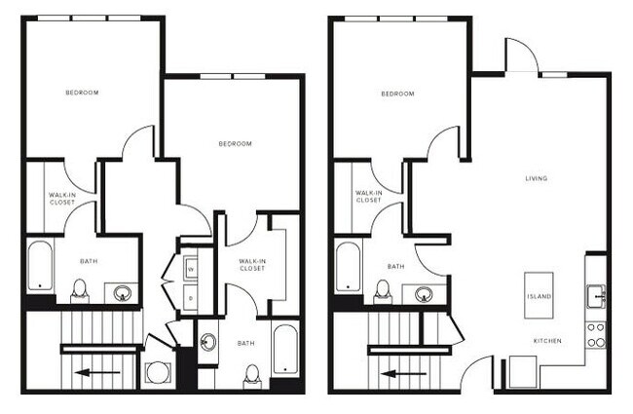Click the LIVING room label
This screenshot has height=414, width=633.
point(536,178)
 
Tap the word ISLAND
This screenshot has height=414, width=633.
point(540,296)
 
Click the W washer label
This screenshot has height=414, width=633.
point(191,268)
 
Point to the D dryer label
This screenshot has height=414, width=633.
point(191,298)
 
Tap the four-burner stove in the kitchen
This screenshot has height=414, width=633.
point(596,334)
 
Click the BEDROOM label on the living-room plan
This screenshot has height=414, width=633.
point(397,94)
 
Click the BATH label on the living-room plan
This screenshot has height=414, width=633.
point(395,266)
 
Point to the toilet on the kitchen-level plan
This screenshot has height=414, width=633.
point(384,290)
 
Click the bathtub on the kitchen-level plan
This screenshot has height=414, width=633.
point(347,266)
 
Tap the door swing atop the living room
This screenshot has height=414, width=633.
point(521,58)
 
